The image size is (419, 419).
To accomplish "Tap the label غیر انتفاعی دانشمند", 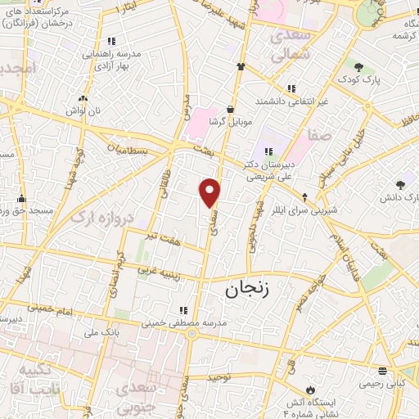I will [x=291, y=101].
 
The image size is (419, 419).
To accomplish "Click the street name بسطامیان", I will [x=129, y=150].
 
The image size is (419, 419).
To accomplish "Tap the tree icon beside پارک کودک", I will [x=358, y=65].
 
